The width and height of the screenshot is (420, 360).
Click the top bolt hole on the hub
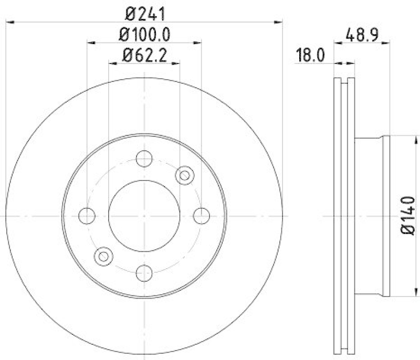[144, 158]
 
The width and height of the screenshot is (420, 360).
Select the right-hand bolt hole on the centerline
[202, 215]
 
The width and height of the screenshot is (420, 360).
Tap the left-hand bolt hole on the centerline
[87, 215]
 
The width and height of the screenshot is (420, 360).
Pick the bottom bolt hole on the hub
[144, 272]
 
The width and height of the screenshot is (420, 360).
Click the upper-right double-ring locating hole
[184, 175]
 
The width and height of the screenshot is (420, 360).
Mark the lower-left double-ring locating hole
[103, 256]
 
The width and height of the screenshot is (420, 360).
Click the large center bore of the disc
[144, 215]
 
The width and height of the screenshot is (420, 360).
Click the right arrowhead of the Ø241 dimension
[280, 22]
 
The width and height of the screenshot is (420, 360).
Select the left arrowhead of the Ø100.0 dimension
[90, 43]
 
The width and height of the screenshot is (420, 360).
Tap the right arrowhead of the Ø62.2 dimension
[177, 62]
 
